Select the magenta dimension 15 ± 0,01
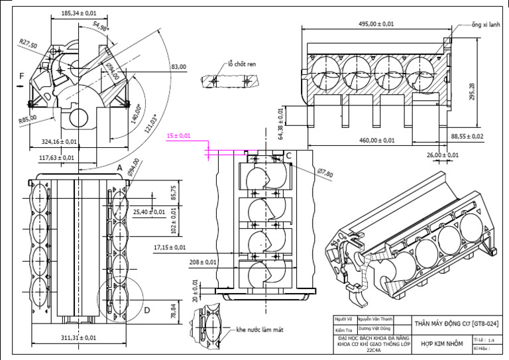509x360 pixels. click(x=178, y=136)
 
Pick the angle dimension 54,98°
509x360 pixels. click(x=101, y=26)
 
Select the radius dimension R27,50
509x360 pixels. click(x=28, y=44)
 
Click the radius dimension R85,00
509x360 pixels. click(x=27, y=120)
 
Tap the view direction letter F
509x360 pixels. click(x=21, y=77)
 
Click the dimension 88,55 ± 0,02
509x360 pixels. click(x=468, y=136)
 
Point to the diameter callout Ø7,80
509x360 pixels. click(x=325, y=172)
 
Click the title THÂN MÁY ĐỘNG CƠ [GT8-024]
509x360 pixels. click(x=456, y=324)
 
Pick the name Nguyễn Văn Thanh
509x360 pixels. click(x=375, y=319)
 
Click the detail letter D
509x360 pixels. click(x=147, y=309)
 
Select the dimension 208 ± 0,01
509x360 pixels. click(x=203, y=263)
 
